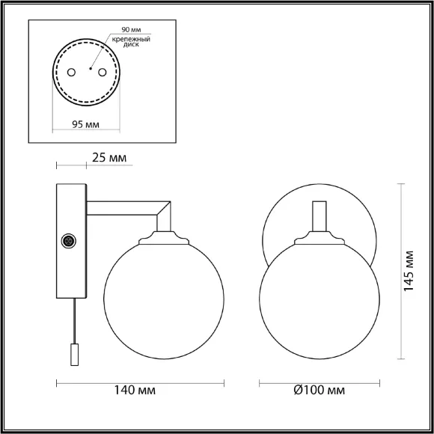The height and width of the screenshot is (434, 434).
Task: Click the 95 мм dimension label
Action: click(x=85, y=124)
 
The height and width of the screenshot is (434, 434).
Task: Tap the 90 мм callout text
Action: click(x=131, y=30)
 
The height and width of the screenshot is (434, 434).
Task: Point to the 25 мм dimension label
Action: click(x=109, y=158)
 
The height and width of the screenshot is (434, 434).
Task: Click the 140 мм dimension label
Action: click(x=135, y=391)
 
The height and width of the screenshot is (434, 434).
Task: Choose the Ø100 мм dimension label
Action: click(x=320, y=391)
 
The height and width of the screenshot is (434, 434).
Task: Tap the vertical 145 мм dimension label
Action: click(x=409, y=271)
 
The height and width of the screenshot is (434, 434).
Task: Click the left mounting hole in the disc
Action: click(x=71, y=73)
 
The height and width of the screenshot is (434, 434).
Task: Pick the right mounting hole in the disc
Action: click(x=102, y=73)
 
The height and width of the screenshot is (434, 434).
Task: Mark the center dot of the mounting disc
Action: click(x=91, y=68)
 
